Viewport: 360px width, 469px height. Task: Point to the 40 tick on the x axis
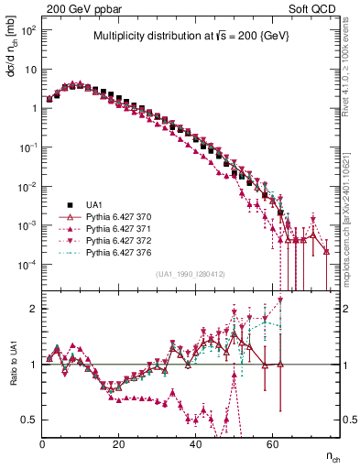[195, 441]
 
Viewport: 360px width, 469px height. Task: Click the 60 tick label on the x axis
[271, 441]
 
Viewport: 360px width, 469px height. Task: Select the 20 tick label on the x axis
[119, 441]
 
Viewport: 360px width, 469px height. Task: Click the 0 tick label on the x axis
[43, 441]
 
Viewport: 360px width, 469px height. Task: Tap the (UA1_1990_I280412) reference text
[191, 274]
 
